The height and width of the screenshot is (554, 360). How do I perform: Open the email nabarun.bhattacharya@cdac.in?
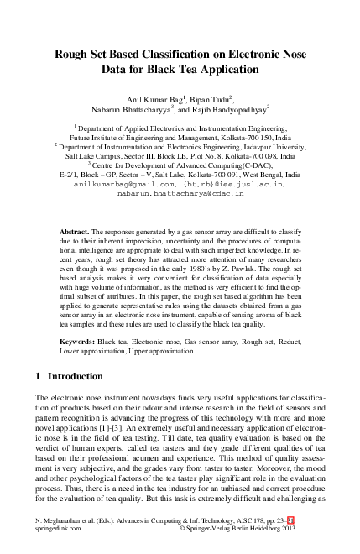(180, 192)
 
